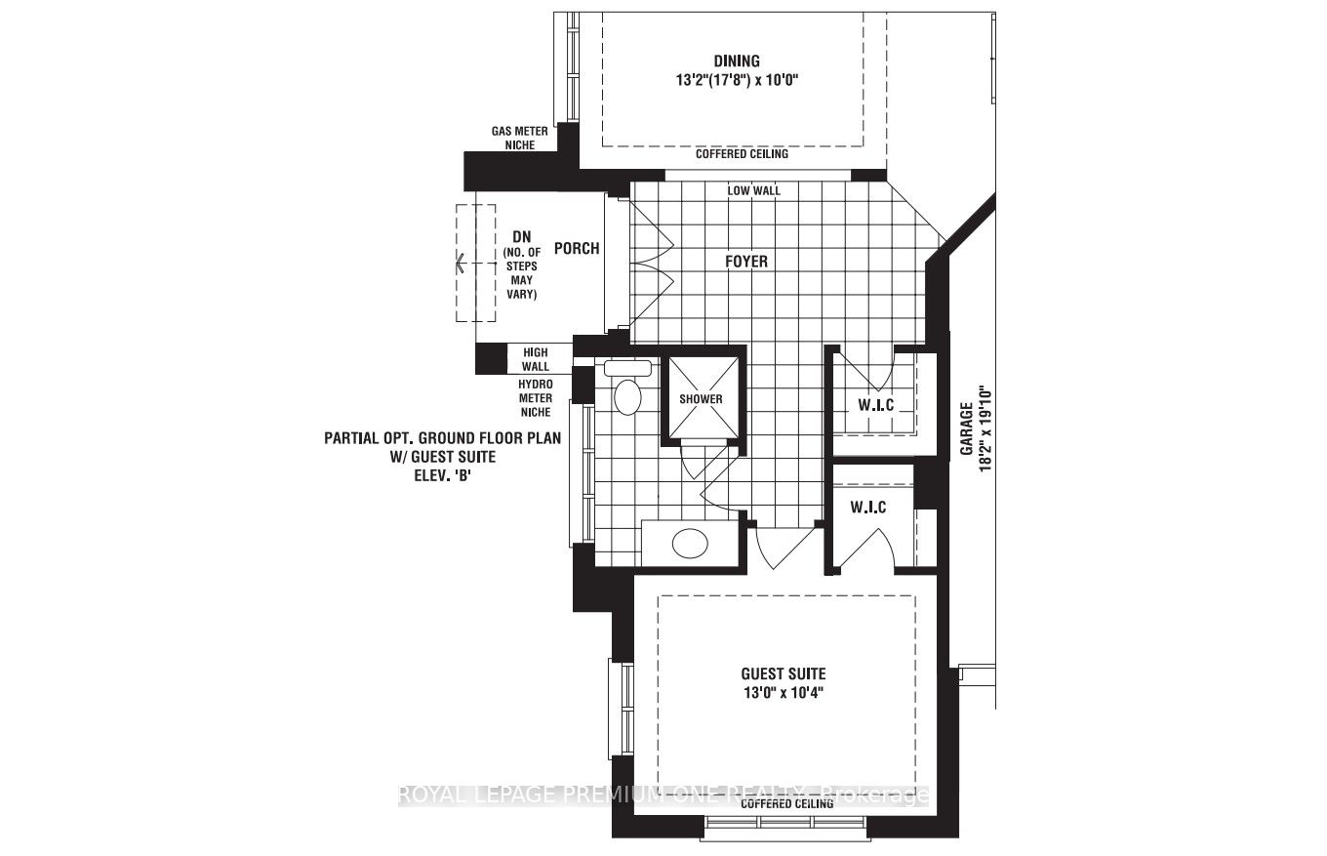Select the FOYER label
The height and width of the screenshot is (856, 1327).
[x=745, y=262]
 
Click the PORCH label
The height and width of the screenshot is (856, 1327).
[x=577, y=249]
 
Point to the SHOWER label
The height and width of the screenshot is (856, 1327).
[x=702, y=399]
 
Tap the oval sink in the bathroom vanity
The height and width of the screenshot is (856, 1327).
[x=691, y=542]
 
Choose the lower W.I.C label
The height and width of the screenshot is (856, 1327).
[x=867, y=508]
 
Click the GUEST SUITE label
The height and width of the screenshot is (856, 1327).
[x=783, y=673]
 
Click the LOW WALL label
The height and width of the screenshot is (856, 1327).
[x=753, y=190]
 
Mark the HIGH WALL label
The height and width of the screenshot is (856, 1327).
[x=536, y=359]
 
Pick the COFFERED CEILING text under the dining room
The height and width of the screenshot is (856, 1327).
[x=742, y=154]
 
